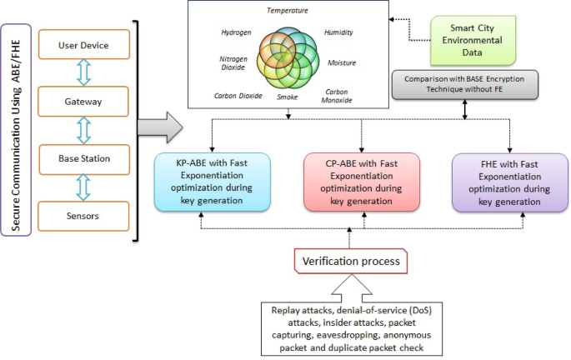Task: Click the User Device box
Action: point(84,44)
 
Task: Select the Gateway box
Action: point(83,101)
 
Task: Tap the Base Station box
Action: point(84,159)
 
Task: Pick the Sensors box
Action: point(83,216)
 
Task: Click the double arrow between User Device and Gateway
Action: point(83,72)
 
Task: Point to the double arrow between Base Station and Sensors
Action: point(83,187)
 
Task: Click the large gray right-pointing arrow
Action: point(160,127)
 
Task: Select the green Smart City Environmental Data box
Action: point(473,40)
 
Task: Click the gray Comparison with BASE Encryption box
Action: point(464,84)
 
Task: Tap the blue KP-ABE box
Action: point(213,182)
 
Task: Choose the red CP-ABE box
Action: point(362,182)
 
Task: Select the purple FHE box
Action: point(510,182)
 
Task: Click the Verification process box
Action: point(351,261)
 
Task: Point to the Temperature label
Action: point(288,11)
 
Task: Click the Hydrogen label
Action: point(237,32)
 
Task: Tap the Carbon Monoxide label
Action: point(337,96)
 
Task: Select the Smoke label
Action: point(288,97)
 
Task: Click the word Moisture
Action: point(342,63)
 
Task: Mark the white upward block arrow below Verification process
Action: point(352,288)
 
